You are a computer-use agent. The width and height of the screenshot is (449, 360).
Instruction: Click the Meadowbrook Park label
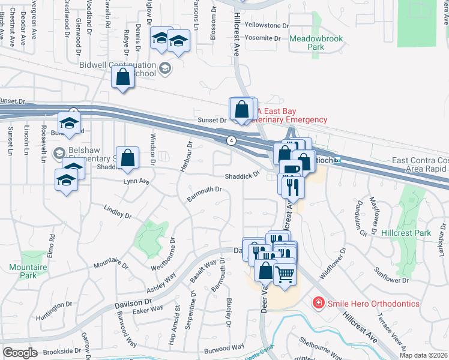click(316, 42)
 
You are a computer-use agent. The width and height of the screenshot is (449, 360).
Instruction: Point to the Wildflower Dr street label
click(333, 263)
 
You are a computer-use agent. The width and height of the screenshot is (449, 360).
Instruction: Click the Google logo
click(20, 352)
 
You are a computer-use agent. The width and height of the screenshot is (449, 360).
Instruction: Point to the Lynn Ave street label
click(136, 181)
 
